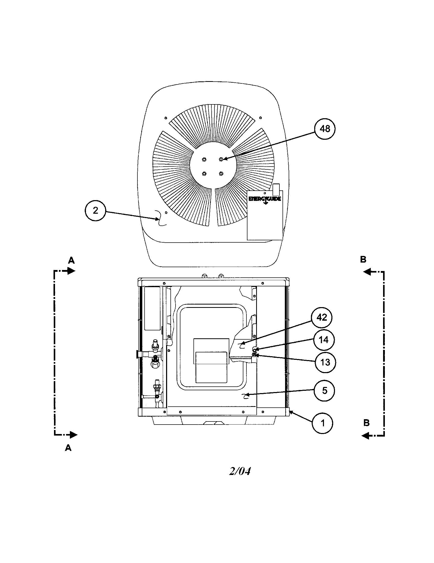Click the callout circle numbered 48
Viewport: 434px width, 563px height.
pyautogui.click(x=325, y=129)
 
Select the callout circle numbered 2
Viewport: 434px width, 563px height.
pyautogui.click(x=95, y=211)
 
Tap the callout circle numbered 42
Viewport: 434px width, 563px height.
pyautogui.click(x=322, y=318)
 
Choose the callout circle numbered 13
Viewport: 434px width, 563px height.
pyautogui.click(x=325, y=362)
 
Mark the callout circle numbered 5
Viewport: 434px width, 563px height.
pyautogui.click(x=324, y=391)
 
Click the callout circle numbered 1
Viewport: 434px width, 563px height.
pyautogui.click(x=322, y=423)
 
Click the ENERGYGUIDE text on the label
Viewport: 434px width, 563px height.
pyautogui.click(x=265, y=199)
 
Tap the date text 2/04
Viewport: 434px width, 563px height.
pyautogui.click(x=240, y=471)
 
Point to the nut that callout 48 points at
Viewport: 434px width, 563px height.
pyautogui.click(x=221, y=159)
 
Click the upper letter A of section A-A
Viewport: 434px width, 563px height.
pyautogui.click(x=71, y=261)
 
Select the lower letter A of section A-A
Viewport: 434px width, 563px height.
pyautogui.click(x=68, y=448)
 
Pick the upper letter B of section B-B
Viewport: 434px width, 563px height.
pyautogui.click(x=363, y=259)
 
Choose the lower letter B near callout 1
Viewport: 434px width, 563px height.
pyautogui.click(x=366, y=423)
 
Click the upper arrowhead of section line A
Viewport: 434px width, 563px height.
pyautogui.click(x=71, y=271)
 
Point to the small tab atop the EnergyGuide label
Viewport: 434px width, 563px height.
pyautogui.click(x=276, y=189)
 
